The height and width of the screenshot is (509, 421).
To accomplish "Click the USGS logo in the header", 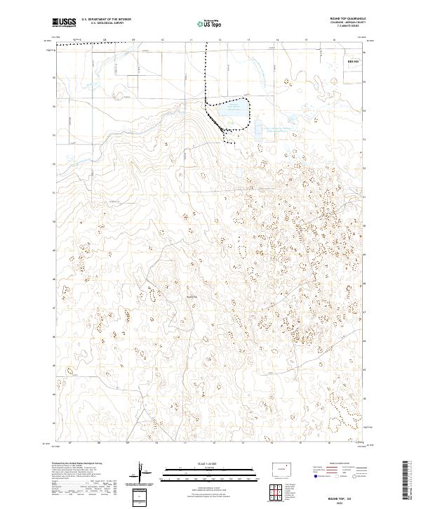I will click(64, 22).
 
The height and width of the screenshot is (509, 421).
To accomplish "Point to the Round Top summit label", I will click(192, 295).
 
